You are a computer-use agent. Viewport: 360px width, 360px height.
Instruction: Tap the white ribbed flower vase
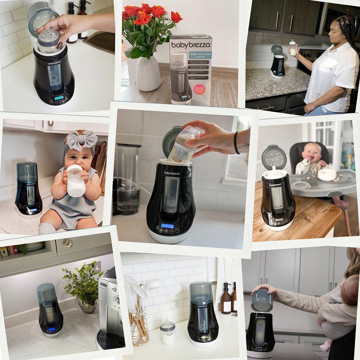point(148,73)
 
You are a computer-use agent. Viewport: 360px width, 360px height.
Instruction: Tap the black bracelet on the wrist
point(236,143)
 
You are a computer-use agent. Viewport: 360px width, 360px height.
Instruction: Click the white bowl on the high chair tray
point(327,174)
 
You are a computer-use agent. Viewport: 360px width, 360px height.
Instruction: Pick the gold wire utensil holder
point(138,330)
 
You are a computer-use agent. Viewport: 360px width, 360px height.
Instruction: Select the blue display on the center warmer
point(167,226)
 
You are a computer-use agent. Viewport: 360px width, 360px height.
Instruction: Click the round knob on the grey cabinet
point(68,243)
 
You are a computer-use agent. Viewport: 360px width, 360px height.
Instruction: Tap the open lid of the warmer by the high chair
point(273,157)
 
